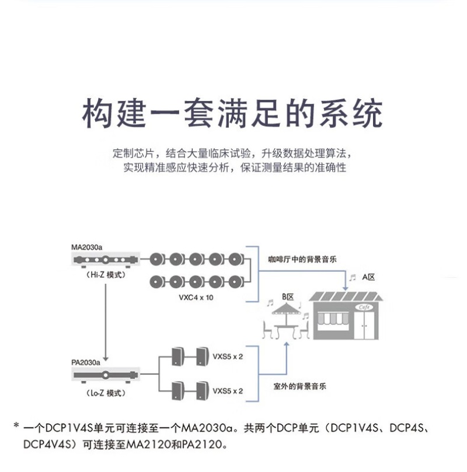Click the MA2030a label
(86, 247)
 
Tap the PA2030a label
(85, 362)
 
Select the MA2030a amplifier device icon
(105, 259)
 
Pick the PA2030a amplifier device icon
(105, 374)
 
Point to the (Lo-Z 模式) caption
(105, 393)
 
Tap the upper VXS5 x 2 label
(228, 356)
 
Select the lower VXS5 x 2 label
(228, 390)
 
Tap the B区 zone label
(287, 297)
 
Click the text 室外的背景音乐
(299, 386)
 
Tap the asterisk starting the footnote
(16, 426)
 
